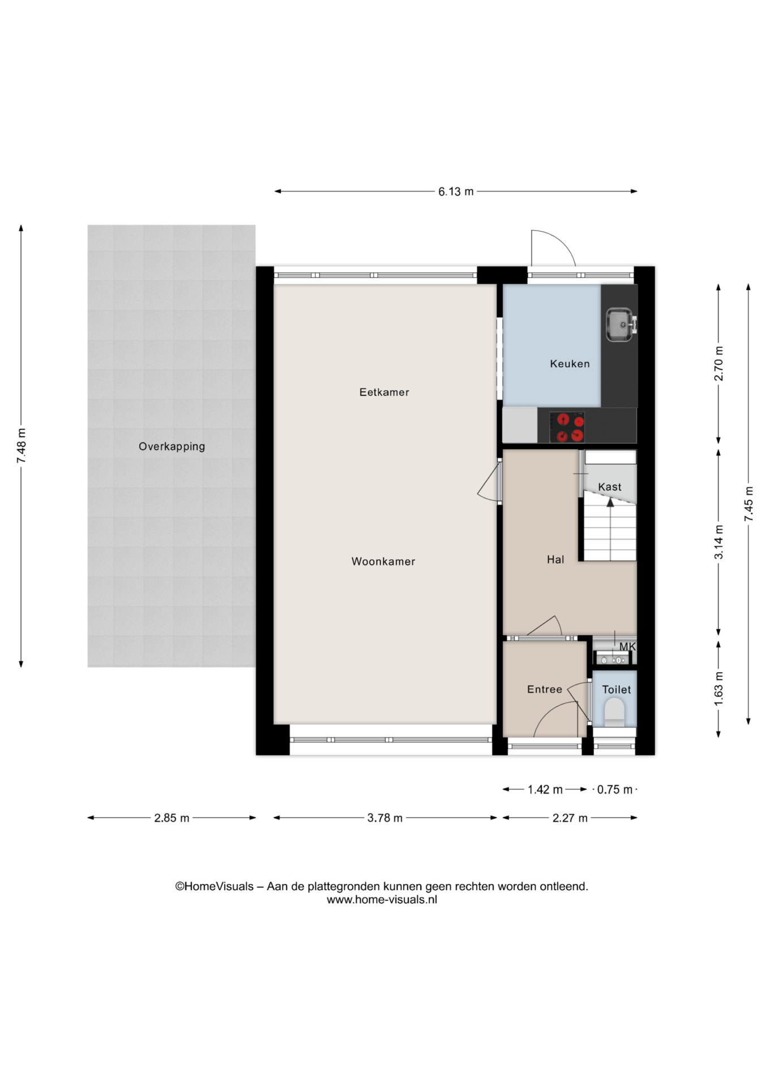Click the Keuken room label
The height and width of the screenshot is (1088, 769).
click(x=570, y=364)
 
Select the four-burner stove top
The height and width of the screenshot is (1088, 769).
click(x=567, y=427)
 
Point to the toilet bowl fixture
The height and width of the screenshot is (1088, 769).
click(x=615, y=712)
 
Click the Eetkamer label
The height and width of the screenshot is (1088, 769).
click(x=384, y=392)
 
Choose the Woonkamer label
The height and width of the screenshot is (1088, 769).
click(x=383, y=562)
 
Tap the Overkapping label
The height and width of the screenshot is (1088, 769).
click(x=172, y=447)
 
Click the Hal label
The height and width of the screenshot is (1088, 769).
click(x=556, y=560)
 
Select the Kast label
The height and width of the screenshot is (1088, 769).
click(x=610, y=487)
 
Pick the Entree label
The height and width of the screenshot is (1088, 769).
click(x=545, y=690)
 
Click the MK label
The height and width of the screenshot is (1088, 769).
click(x=627, y=647)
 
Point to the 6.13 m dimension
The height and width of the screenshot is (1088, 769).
click(x=456, y=192)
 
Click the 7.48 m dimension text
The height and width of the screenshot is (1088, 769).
click(x=22, y=446)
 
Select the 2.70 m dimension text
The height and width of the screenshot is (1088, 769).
click(x=719, y=363)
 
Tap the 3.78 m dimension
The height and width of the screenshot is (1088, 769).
click(x=385, y=818)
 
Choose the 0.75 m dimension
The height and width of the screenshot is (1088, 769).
click(x=615, y=789)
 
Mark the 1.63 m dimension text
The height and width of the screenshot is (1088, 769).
click(x=719, y=689)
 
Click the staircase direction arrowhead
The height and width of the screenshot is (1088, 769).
click(x=610, y=501)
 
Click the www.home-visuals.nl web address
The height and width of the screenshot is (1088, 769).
click(x=382, y=899)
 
